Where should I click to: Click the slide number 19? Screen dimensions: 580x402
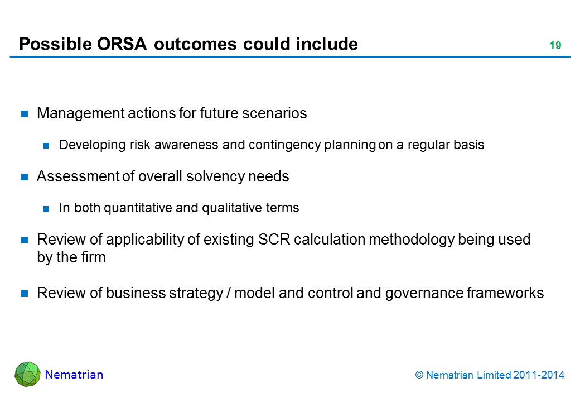click(555, 46)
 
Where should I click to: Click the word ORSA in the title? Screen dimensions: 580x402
click(122, 44)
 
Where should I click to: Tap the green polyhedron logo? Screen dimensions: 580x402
click(27, 374)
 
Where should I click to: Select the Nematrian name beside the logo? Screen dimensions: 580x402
click(74, 375)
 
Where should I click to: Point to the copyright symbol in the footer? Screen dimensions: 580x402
click(419, 375)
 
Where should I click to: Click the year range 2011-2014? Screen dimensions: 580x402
click(539, 375)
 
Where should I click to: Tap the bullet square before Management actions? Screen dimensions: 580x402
click(25, 114)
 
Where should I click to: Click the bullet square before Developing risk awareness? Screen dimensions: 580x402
click(46, 146)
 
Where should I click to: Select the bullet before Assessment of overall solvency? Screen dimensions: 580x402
click(25, 177)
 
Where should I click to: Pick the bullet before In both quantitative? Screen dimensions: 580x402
click(46, 209)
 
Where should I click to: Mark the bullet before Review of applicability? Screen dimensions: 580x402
click(25, 240)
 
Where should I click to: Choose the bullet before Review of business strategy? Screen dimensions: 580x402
click(25, 294)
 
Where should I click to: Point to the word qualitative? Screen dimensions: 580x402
click(227, 208)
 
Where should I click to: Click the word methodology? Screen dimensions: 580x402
click(412, 240)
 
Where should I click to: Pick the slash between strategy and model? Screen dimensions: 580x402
click(229, 293)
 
